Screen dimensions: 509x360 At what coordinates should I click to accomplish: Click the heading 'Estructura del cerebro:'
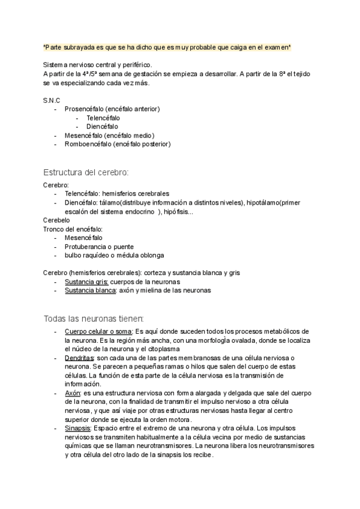(x=86, y=172)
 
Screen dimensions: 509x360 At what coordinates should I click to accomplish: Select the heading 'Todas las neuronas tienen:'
(x=94, y=318)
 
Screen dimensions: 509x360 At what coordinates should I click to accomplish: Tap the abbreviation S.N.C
(x=52, y=100)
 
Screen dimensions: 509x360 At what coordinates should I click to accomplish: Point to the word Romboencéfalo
(x=87, y=144)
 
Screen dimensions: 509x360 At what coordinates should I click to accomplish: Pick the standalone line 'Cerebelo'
(x=56, y=220)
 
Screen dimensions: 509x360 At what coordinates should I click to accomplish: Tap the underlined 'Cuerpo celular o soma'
(x=98, y=331)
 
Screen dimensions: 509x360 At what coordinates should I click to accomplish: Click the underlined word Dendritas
(x=80, y=358)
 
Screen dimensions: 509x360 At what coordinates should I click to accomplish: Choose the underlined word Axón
(x=73, y=393)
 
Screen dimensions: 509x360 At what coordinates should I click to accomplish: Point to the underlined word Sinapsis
(x=78, y=429)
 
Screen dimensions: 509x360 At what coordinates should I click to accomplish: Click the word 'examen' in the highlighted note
(x=277, y=47)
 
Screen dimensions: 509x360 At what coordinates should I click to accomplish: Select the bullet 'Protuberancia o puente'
(x=99, y=247)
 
